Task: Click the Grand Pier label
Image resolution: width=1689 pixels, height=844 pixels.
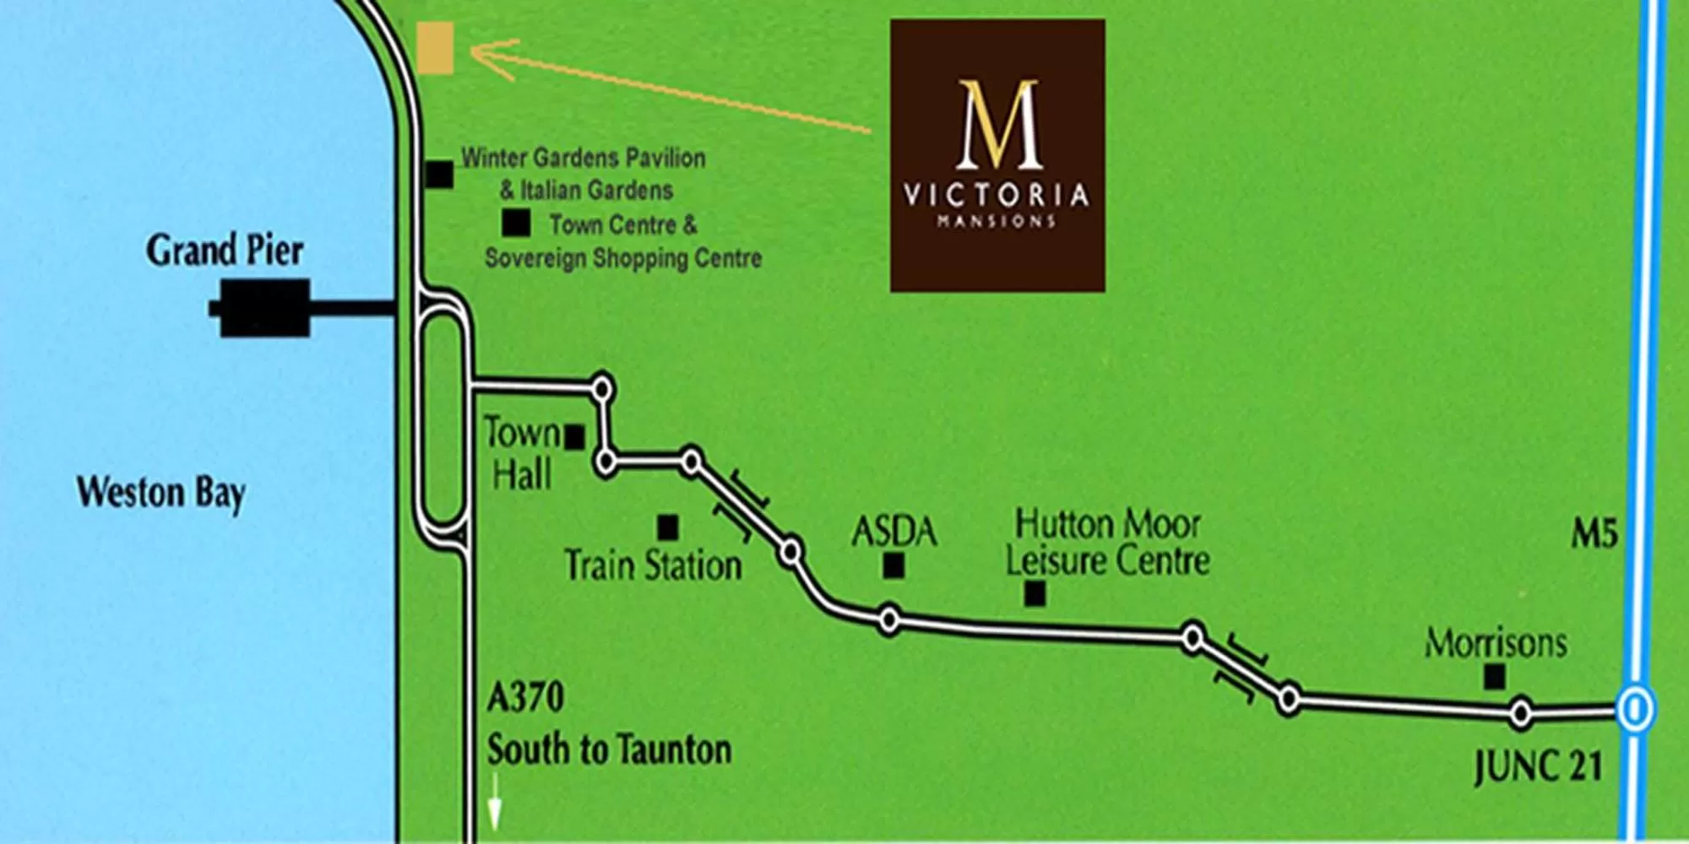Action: coord(225,251)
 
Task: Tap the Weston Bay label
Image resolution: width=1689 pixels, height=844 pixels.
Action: coord(160,493)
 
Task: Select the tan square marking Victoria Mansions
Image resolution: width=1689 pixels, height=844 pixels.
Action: coord(436,48)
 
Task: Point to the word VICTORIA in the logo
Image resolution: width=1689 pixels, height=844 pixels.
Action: coord(997,196)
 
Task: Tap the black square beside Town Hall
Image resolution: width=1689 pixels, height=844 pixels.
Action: coord(575,437)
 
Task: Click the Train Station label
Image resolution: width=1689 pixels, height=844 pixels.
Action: coord(653,565)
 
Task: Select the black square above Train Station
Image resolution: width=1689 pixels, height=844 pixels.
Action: coord(667,527)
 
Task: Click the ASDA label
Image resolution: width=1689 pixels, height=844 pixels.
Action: coord(894,532)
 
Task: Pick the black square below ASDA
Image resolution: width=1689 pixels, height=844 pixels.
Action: coord(893,565)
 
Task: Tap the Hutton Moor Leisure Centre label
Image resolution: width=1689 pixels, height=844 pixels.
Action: coord(1108,542)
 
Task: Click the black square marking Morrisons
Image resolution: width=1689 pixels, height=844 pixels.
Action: coord(1495,676)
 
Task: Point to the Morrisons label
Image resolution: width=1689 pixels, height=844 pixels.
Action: coord(1496,644)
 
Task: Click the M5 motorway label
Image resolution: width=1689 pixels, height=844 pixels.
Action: coord(1594,534)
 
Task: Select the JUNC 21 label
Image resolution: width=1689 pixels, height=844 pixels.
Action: coord(1538,768)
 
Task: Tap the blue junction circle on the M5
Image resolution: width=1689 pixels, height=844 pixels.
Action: coord(1635,709)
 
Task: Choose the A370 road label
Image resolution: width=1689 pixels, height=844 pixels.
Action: coord(525,698)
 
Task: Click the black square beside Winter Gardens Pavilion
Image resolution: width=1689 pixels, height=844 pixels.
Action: coord(439,175)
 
